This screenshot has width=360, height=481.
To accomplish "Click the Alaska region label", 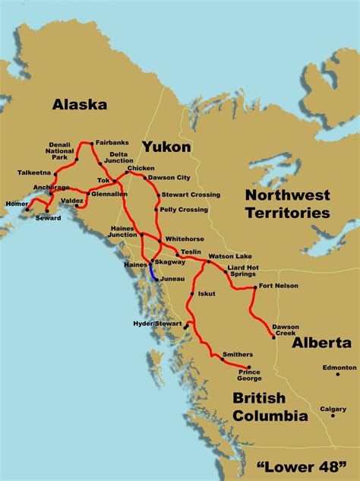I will point(79,105).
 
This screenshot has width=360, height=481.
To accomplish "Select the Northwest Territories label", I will point(287,204).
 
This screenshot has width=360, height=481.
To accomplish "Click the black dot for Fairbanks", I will point(91,142).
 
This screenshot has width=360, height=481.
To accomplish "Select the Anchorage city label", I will point(51,188).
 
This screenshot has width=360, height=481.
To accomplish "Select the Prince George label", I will point(249,374).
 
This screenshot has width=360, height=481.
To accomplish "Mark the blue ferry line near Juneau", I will point(152,271).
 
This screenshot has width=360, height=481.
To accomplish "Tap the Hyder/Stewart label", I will point(158,323).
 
